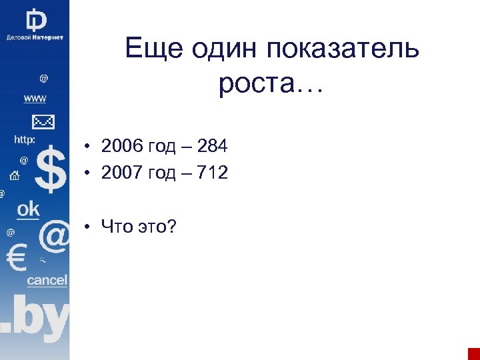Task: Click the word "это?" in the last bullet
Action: coord(159,227)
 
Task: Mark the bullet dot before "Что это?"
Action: coord(87,229)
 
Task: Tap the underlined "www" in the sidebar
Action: coord(35,99)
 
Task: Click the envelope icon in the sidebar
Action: coord(43,122)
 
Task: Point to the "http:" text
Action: coord(25,140)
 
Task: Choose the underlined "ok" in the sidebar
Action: coord(29,209)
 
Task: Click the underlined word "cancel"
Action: coord(47,281)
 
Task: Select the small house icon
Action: coord(14,176)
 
